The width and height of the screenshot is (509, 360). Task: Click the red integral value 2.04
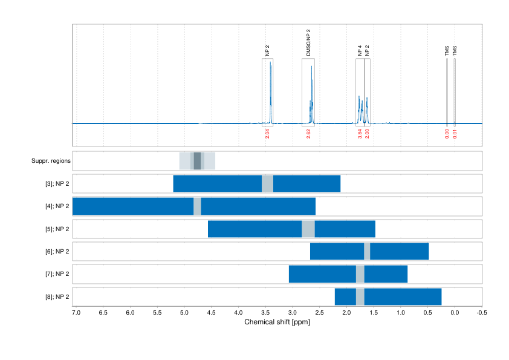click(x=267, y=133)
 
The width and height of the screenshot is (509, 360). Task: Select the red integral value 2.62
click(x=308, y=133)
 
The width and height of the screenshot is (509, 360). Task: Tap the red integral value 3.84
click(x=360, y=133)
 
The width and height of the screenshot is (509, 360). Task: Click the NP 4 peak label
click(x=360, y=50)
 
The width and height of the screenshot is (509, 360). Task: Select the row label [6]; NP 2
click(x=57, y=251)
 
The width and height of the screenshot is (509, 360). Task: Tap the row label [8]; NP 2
click(x=57, y=296)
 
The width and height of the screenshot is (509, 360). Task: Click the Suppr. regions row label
click(x=51, y=161)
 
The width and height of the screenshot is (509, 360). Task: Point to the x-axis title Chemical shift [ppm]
click(x=277, y=322)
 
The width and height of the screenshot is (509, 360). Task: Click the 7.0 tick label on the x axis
click(x=76, y=312)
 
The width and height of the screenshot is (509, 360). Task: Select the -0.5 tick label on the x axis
click(x=481, y=312)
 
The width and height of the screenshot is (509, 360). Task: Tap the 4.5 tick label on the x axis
click(x=211, y=312)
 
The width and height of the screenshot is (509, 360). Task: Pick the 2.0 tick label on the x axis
click(x=346, y=312)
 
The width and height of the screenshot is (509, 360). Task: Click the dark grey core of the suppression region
click(x=197, y=161)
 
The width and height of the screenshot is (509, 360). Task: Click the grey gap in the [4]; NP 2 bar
click(x=197, y=206)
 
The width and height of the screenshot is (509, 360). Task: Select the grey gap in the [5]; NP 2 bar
click(x=308, y=229)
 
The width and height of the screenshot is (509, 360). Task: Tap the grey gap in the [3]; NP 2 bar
click(x=267, y=183)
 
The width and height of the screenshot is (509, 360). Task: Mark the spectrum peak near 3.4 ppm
click(x=270, y=67)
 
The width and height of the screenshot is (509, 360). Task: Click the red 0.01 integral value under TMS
click(x=455, y=133)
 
